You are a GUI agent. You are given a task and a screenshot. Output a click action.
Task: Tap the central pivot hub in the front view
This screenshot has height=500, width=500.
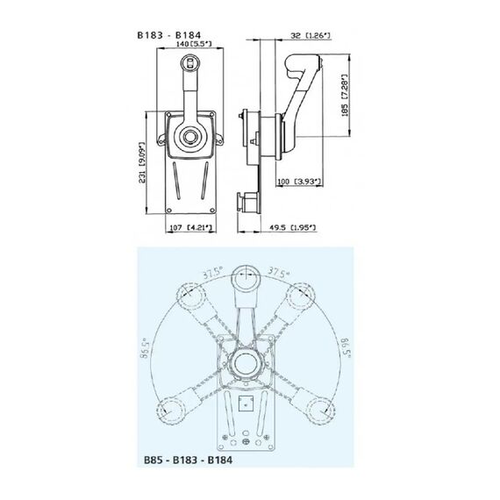(190, 136)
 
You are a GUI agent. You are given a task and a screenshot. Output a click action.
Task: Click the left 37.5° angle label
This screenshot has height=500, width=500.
(209, 272)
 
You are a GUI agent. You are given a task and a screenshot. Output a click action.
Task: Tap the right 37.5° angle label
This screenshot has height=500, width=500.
(280, 272)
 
